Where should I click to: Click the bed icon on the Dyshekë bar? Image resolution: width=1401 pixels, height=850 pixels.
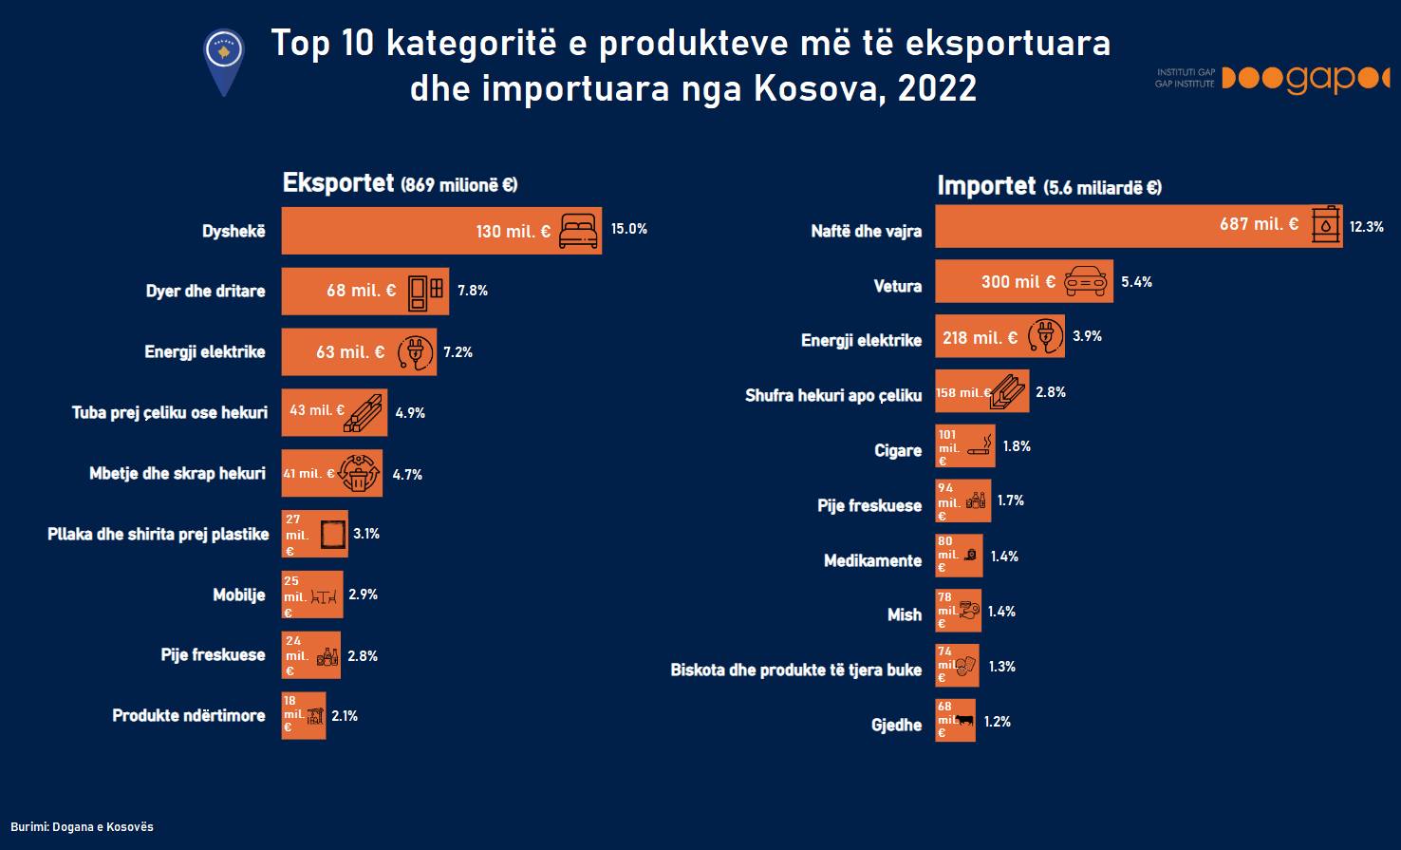pos(578,231)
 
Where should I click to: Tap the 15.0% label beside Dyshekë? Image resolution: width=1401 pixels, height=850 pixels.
pos(629,229)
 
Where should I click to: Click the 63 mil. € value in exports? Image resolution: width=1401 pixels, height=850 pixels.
pos(350,352)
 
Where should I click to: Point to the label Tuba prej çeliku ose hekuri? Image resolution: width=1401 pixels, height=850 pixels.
pos(170,413)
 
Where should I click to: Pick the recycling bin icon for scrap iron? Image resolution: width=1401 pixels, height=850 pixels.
pos(359,473)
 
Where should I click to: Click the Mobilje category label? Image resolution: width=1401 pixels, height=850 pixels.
pos(239,595)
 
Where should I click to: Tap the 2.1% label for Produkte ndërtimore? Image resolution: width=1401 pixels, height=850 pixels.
pos(345,716)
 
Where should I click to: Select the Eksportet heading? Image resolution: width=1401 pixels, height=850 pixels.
pos(338,182)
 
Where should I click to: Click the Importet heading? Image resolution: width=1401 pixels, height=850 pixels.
pos(986,185)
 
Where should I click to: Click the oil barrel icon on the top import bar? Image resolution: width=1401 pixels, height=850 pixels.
pos(1326,225)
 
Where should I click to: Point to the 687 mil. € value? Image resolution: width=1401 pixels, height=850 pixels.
pos(1259,224)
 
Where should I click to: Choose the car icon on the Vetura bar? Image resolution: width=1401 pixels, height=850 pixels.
pos(1086,281)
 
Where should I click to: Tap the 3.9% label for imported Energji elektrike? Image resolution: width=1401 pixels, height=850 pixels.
pos(1087,336)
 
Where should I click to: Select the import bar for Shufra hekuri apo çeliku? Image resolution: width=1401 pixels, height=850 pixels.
pos(981,391)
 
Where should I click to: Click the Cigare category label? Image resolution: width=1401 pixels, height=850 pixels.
pos(898,450)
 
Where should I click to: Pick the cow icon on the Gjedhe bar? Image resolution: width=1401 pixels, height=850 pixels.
pos(964,721)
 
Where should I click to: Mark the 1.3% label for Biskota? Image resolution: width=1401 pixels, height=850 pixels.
pos(1001,667)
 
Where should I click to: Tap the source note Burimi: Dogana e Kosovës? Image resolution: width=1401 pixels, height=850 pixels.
pos(82,827)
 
